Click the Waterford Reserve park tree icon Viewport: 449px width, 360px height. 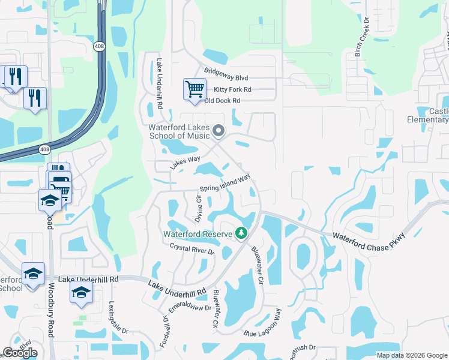click(241, 233)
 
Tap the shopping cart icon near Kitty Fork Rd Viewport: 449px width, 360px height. click(194, 90)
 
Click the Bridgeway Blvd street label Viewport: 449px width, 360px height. click(226, 78)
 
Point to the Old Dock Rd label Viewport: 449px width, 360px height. click(222, 101)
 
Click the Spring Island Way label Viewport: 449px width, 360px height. click(224, 183)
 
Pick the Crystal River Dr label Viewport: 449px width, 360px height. click(192, 249)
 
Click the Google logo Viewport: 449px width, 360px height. click(20, 353)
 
